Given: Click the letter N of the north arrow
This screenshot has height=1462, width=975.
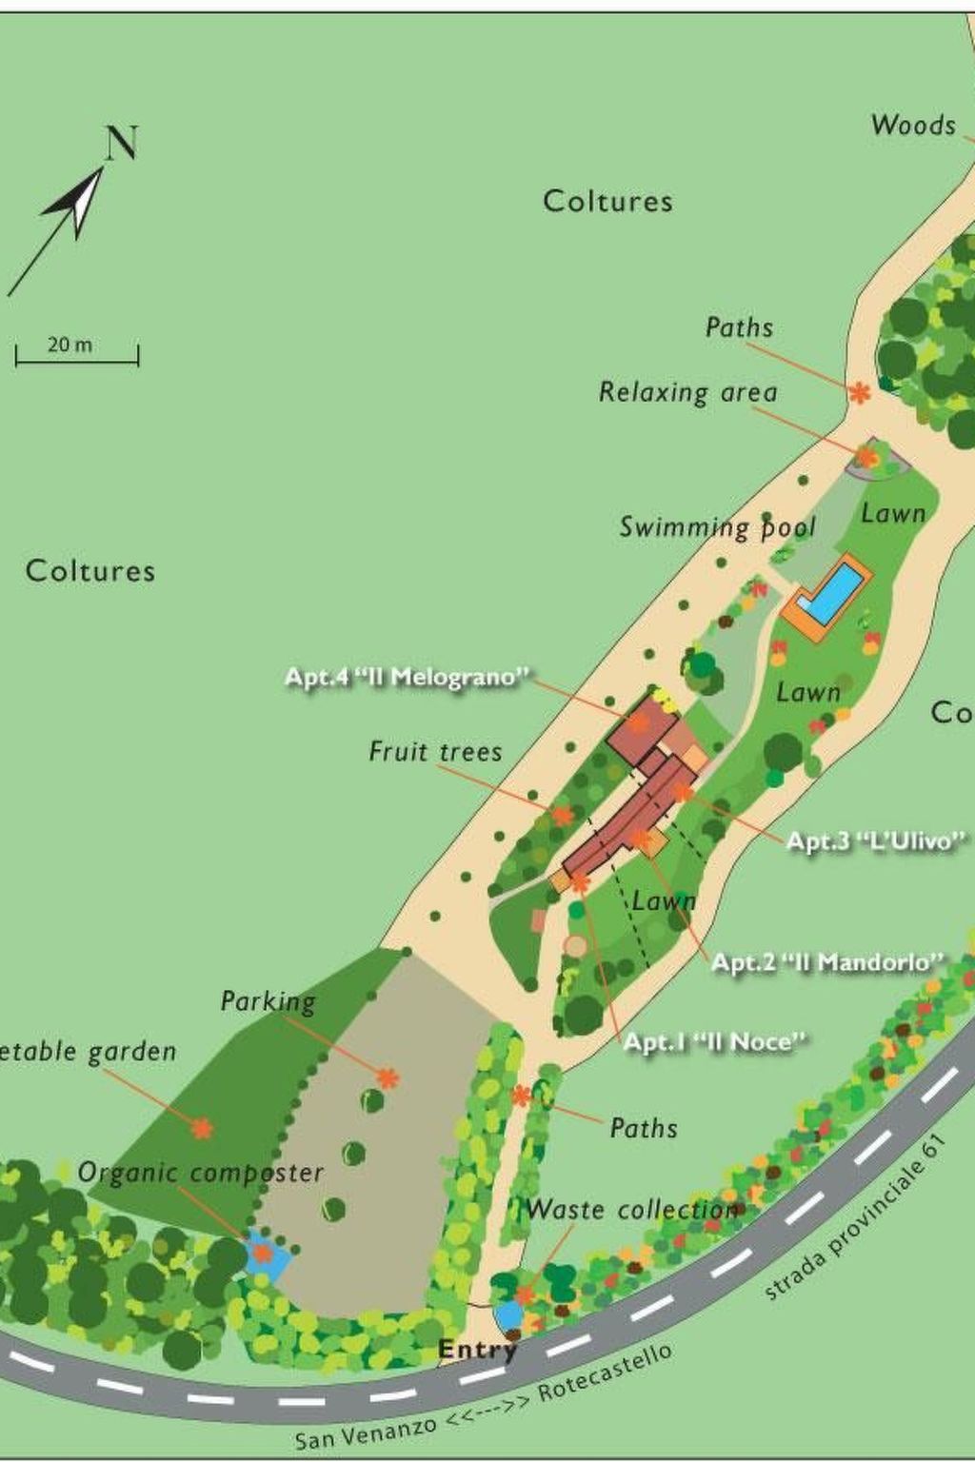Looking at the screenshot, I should click(x=122, y=143).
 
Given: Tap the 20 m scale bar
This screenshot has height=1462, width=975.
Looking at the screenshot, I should click(x=76, y=356).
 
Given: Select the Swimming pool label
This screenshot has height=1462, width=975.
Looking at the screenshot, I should click(x=718, y=528).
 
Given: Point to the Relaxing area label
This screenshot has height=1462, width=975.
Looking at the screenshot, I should click(x=687, y=392).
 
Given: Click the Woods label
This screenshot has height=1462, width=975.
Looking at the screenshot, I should click(x=913, y=125).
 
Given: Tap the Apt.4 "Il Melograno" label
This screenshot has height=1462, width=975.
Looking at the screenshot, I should click(x=407, y=678).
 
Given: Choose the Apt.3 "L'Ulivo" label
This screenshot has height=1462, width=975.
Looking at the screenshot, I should click(x=876, y=841).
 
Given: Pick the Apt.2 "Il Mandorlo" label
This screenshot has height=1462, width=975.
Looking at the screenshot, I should click(x=827, y=962).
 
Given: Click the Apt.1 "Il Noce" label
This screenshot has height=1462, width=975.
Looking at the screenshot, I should click(x=714, y=1042).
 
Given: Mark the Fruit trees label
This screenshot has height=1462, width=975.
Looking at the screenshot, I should click(x=435, y=752).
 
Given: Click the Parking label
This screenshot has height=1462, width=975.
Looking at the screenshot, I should click(x=268, y=1001).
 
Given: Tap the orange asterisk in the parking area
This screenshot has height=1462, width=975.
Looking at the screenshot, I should click(x=387, y=1078).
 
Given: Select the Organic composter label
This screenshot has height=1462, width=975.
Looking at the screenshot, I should click(x=201, y=1173).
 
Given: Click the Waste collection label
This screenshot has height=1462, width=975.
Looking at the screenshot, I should click(x=632, y=1211).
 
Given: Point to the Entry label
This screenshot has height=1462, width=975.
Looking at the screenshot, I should click(x=477, y=1350).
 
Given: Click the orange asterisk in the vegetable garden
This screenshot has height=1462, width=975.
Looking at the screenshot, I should click(x=201, y=1129).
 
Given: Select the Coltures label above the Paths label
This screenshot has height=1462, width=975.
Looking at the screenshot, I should click(x=607, y=201).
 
